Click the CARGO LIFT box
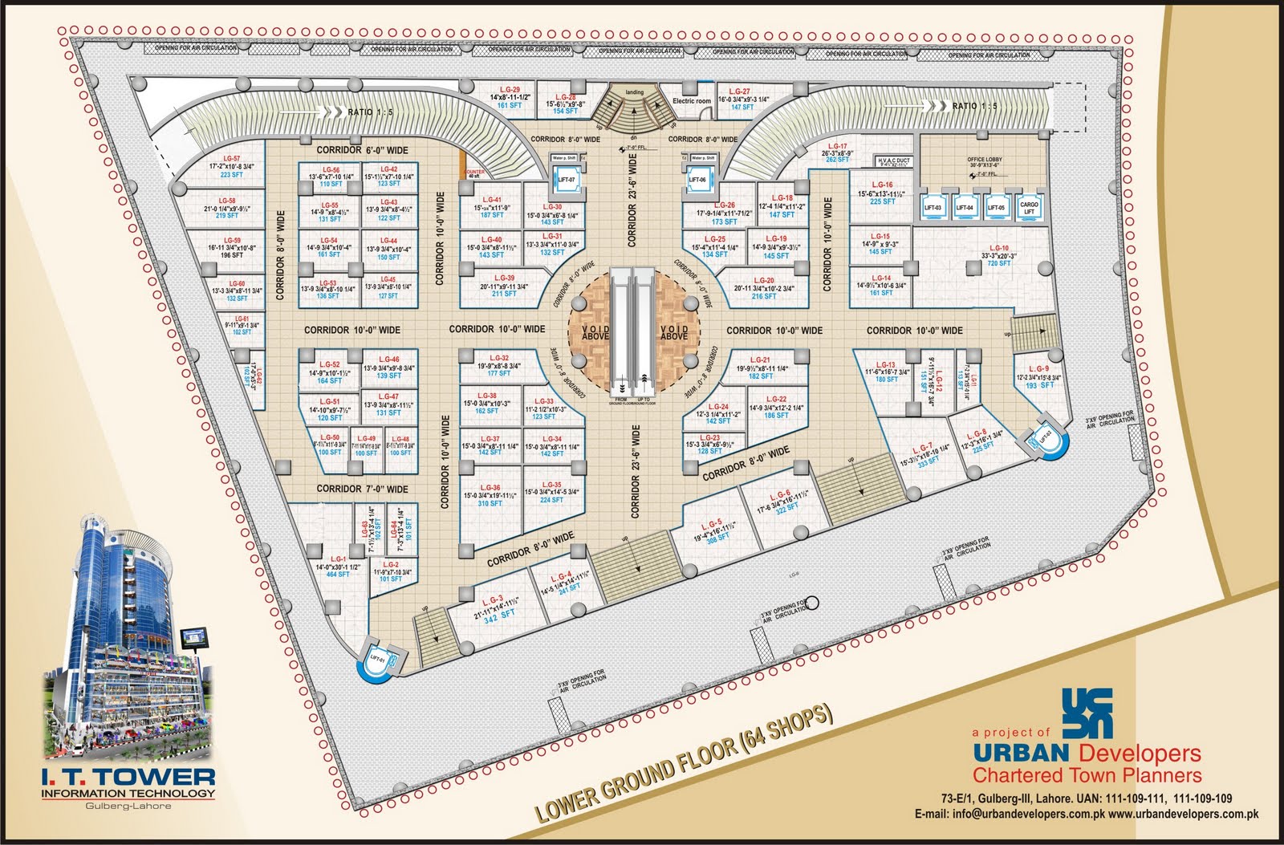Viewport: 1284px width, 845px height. pyautogui.click(x=1029, y=206)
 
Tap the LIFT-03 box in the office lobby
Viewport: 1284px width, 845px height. pyautogui.click(x=933, y=206)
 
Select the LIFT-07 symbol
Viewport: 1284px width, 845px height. pyautogui.click(x=566, y=181)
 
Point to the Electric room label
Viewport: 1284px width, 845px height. pyautogui.click(x=691, y=101)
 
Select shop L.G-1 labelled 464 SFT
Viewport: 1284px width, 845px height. pyautogui.click(x=338, y=566)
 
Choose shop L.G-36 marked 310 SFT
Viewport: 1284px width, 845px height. pyautogui.click(x=490, y=495)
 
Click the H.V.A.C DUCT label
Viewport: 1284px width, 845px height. pyautogui.click(x=894, y=161)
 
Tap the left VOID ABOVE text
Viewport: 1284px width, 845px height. pyautogui.click(x=595, y=332)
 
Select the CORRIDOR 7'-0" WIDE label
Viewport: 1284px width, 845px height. pyautogui.click(x=362, y=489)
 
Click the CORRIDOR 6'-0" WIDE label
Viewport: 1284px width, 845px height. pyautogui.click(x=362, y=150)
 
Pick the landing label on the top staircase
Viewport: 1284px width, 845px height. pyautogui.click(x=634, y=93)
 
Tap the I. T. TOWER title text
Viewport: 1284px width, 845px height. pyautogui.click(x=128, y=777)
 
